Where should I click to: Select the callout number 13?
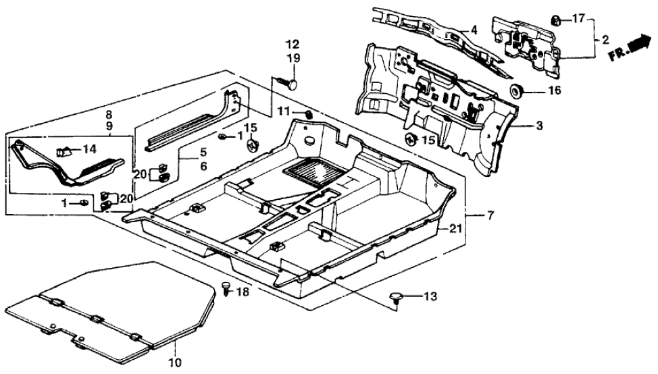[430, 296]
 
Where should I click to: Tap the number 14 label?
[91, 149]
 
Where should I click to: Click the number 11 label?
[286, 110]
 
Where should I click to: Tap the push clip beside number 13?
[397, 297]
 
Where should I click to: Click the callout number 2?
[605, 40]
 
